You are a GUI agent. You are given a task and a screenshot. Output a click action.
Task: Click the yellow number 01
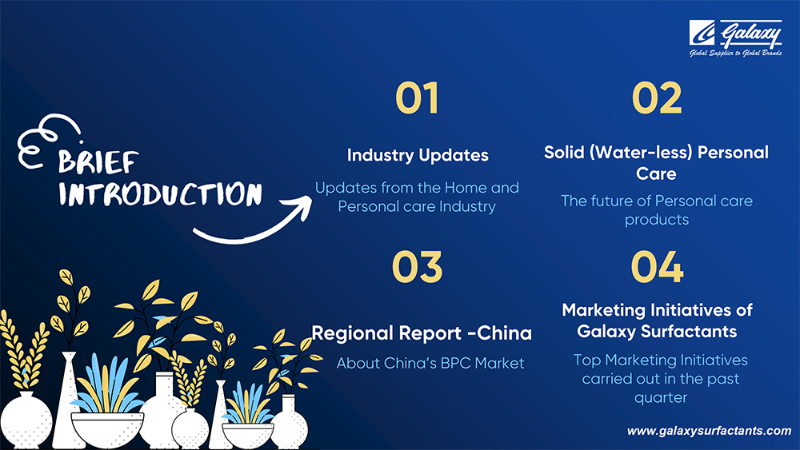pos(417,98)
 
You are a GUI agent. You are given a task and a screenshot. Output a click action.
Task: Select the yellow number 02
pos(657,98)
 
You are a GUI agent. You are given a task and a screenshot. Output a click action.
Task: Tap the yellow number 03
pos(417,266)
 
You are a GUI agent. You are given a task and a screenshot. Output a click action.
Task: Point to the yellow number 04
pos(657,266)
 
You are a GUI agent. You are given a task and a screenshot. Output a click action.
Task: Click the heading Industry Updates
pos(418,155)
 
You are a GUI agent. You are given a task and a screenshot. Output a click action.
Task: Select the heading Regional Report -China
pos(422,333)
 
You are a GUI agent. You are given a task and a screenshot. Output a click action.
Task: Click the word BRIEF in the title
pos(98,162)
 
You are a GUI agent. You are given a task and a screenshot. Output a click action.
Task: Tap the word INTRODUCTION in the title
pos(160,193)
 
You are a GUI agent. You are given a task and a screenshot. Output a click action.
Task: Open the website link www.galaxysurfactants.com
pos(709,431)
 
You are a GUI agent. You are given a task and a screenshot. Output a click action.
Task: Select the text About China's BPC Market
pos(430,363)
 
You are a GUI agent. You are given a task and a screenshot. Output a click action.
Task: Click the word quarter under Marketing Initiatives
pos(661,398)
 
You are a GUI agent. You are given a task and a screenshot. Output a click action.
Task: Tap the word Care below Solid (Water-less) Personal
pos(656,173)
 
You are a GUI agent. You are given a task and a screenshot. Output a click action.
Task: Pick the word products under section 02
pos(657,220)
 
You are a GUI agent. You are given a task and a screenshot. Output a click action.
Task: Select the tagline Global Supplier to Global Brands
pos(735,53)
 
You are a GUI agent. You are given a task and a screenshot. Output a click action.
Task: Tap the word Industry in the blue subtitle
pos(467,206)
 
